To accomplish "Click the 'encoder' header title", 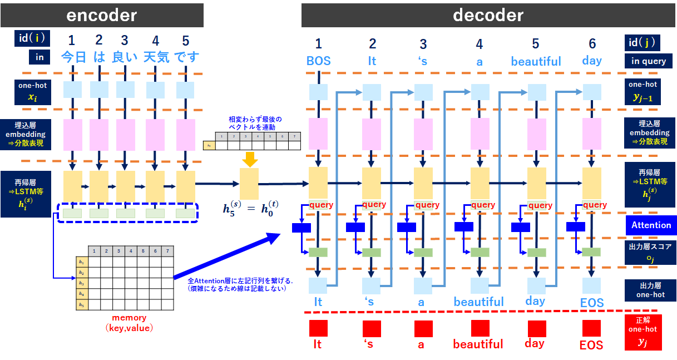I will [101, 14].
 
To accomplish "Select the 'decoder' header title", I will [488, 14].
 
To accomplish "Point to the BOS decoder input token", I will [318, 61].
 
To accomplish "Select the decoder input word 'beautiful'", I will [536, 61].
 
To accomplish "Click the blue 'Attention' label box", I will [650, 225].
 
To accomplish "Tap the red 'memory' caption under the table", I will [129, 318].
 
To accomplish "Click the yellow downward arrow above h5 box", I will [249, 159].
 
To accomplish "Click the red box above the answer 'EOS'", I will [591, 328].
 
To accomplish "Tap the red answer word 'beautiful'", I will [478, 344].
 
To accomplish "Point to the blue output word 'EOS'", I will [591, 303].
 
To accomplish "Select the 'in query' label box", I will [648, 61].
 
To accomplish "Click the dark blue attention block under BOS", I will [301, 227].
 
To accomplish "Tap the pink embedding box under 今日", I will [73, 134].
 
